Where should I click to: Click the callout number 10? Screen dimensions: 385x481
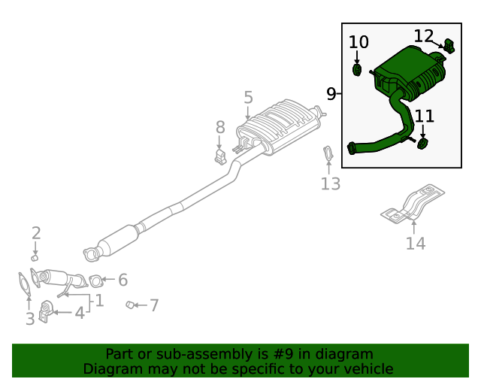tap(359, 42)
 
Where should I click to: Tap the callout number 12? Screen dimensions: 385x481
tap(424, 35)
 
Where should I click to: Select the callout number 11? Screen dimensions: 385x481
tap(425, 116)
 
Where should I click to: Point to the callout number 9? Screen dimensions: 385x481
tap(331, 94)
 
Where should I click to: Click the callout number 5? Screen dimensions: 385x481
tap(248, 97)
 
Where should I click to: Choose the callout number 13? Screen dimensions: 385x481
tap(331, 183)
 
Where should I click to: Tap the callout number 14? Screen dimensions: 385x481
tap(416, 243)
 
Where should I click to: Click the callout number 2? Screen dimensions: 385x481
tap(35, 233)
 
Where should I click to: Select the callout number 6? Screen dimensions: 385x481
tap(123, 280)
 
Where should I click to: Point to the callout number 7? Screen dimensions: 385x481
tap(154, 305)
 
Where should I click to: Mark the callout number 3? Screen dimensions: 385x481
tap(30, 319)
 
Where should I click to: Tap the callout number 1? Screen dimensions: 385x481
tap(98, 302)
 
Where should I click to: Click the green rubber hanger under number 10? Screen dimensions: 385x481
tap(358, 70)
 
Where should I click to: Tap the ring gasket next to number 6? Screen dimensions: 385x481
tap(95, 281)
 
